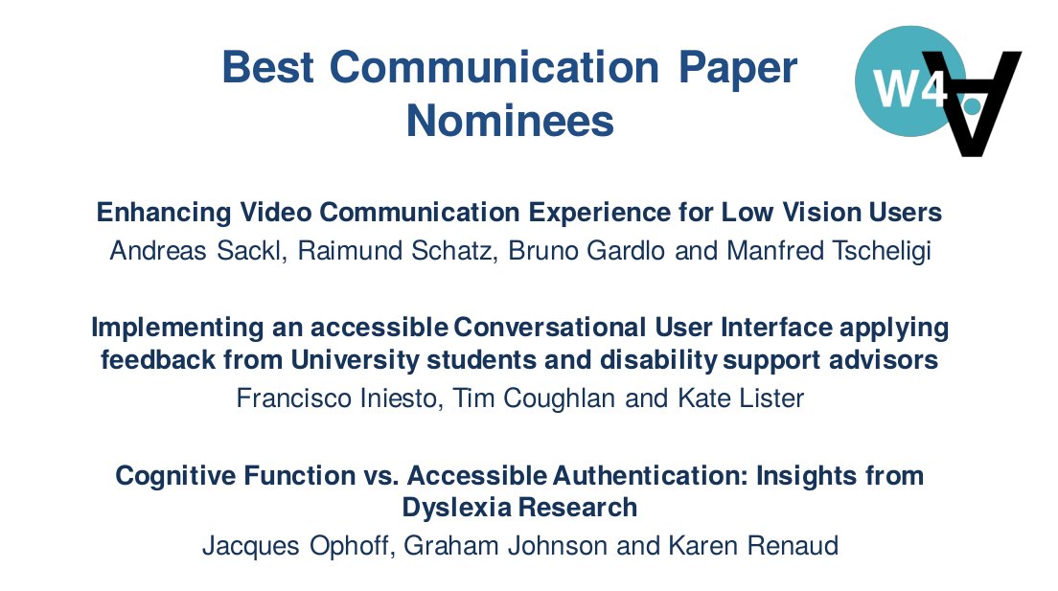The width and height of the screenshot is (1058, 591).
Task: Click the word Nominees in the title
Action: [x=510, y=122]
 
